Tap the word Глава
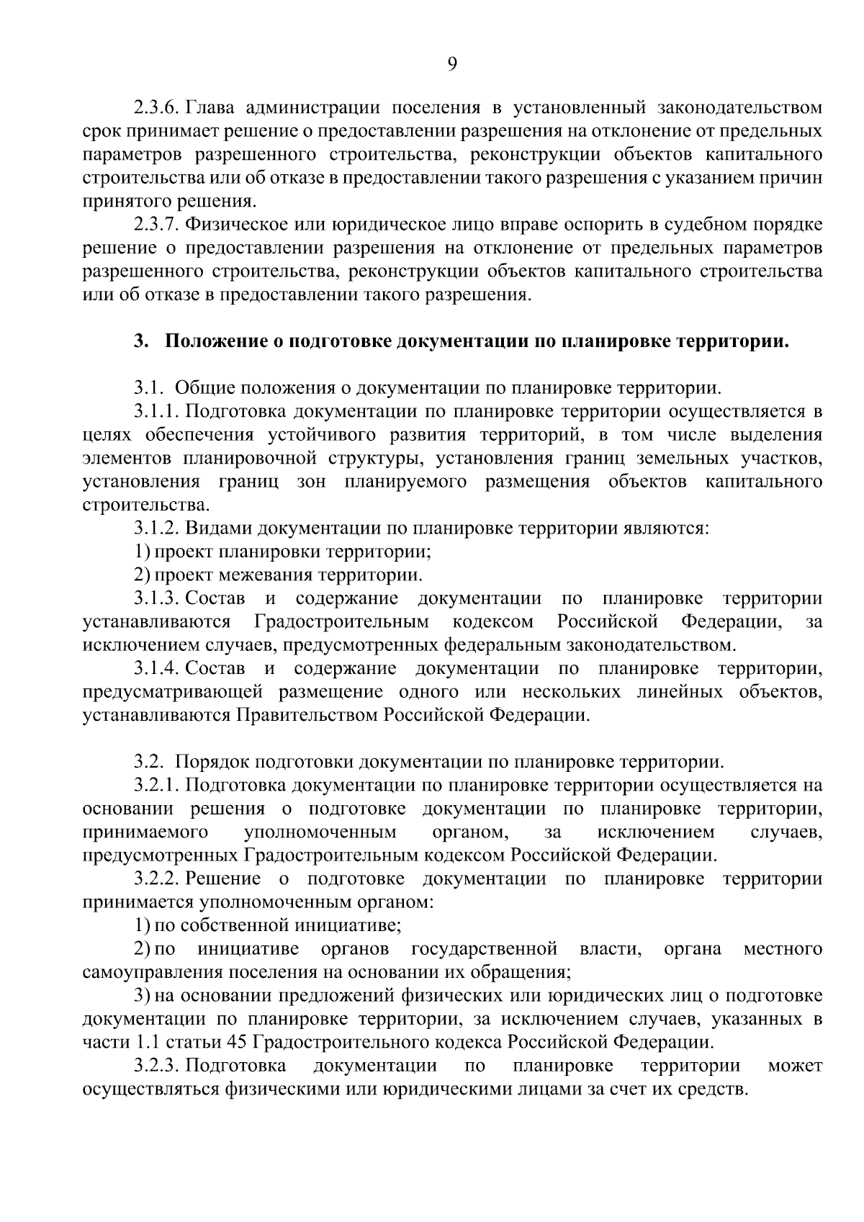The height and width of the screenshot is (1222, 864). [x=211, y=109]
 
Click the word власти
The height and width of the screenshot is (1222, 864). [x=611, y=948]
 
